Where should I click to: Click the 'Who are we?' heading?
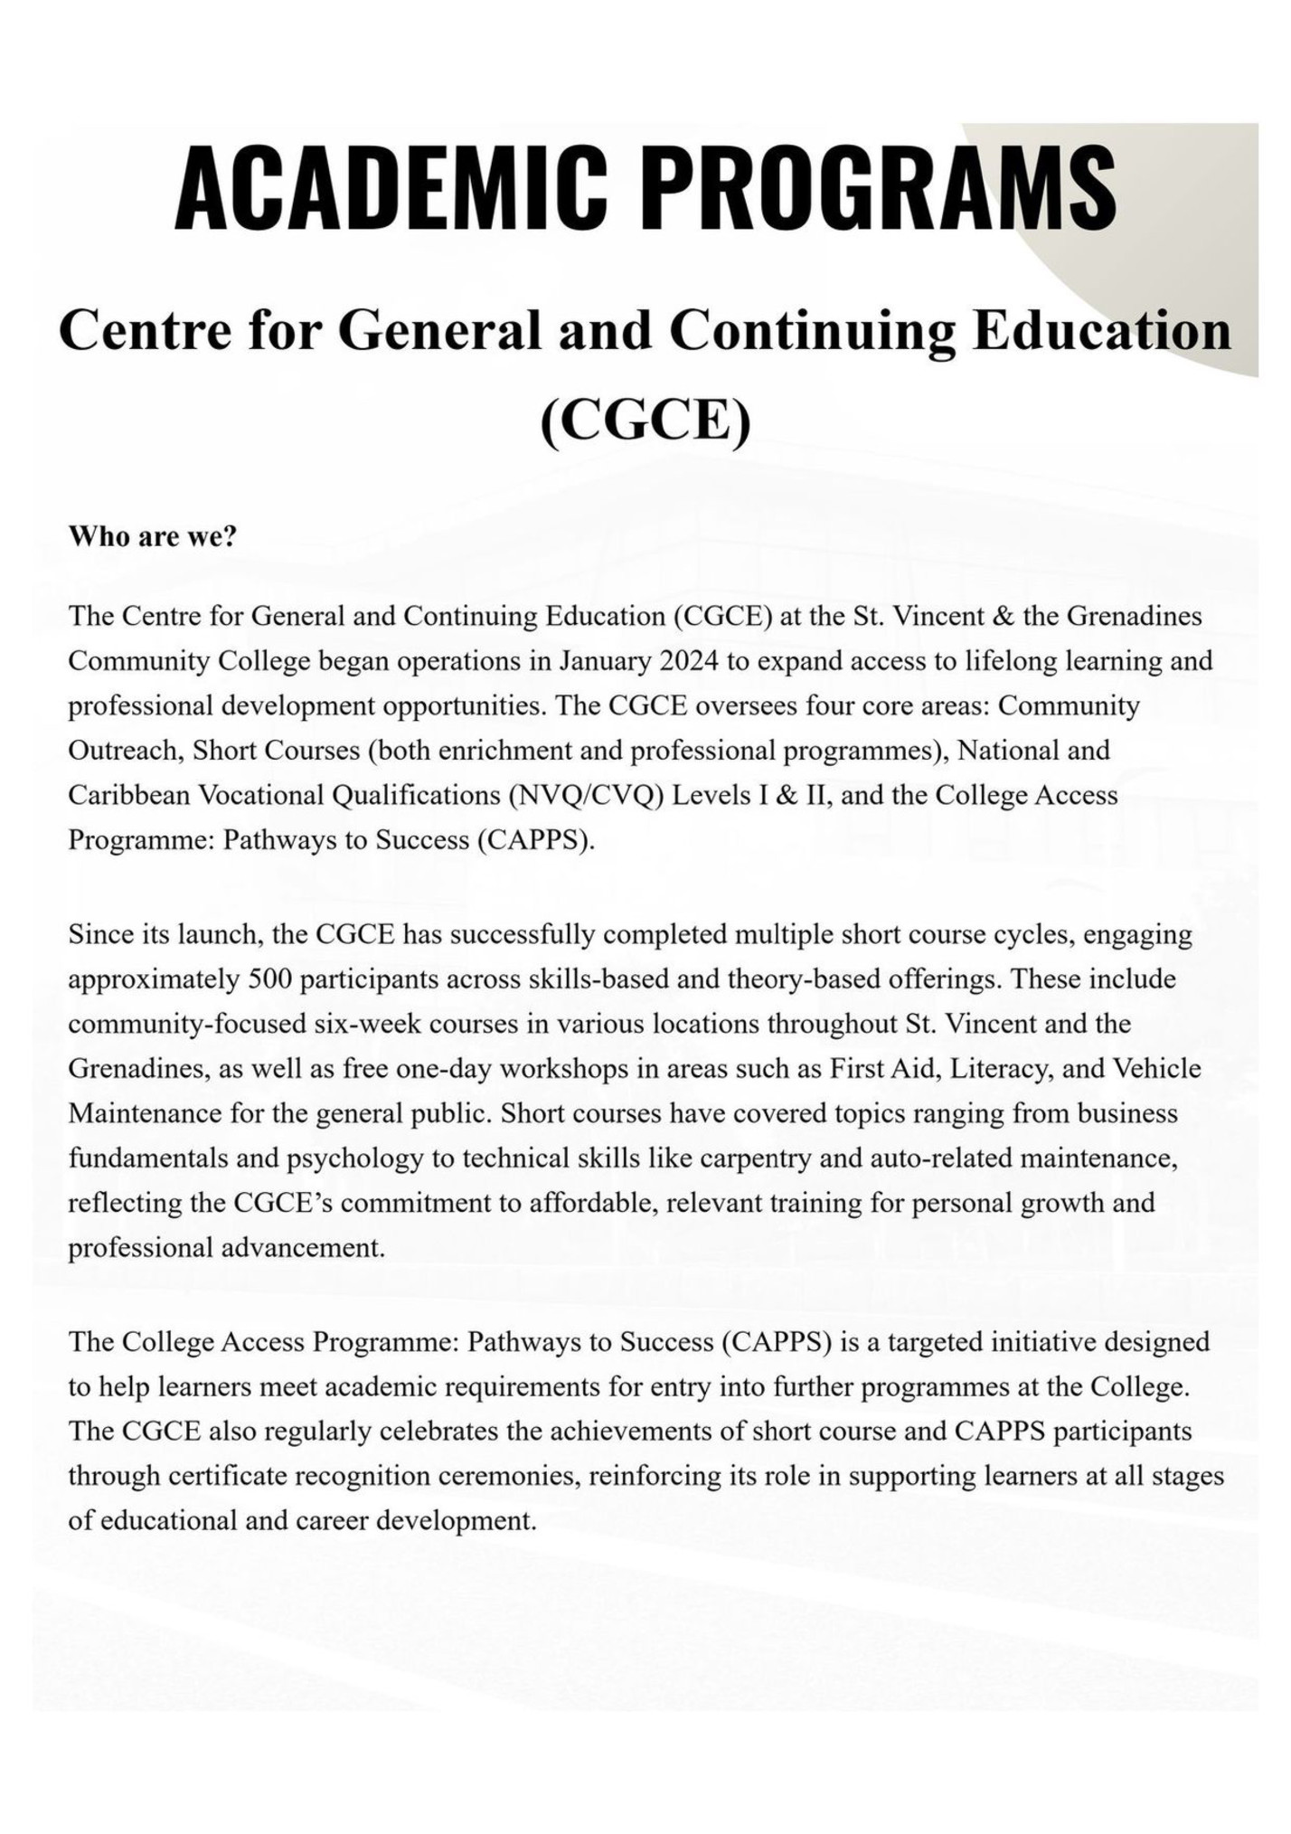(x=153, y=537)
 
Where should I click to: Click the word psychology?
(x=356, y=1159)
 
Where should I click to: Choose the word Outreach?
(x=123, y=752)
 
